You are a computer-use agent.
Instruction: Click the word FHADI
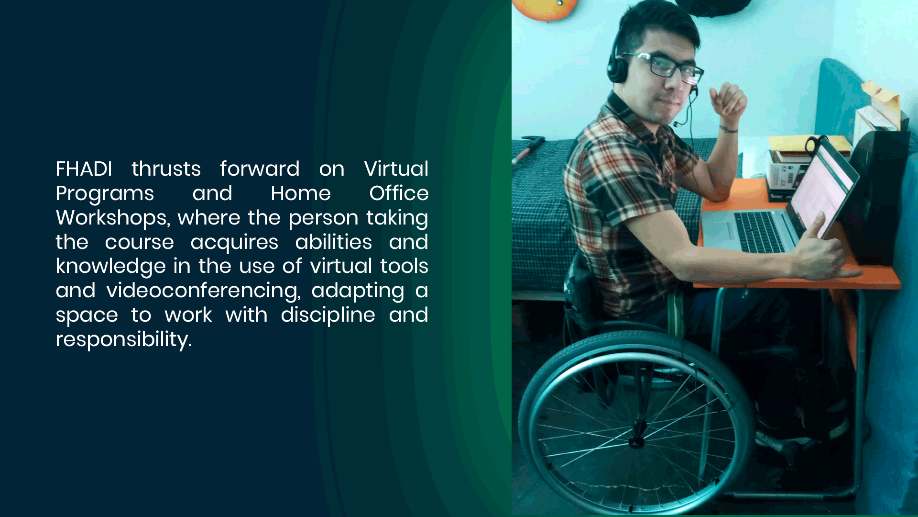click(x=84, y=169)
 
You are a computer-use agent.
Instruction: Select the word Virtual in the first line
click(x=396, y=169)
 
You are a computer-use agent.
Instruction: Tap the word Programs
click(x=105, y=194)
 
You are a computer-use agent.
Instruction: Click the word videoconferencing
click(x=204, y=291)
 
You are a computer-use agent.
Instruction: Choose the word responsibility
click(x=123, y=340)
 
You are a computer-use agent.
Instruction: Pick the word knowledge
click(x=111, y=267)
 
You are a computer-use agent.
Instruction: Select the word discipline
click(x=328, y=315)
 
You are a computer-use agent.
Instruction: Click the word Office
click(x=399, y=193)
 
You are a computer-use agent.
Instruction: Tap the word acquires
click(x=234, y=243)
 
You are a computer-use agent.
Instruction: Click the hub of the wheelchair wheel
click(x=636, y=441)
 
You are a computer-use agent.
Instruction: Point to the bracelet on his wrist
click(x=729, y=129)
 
